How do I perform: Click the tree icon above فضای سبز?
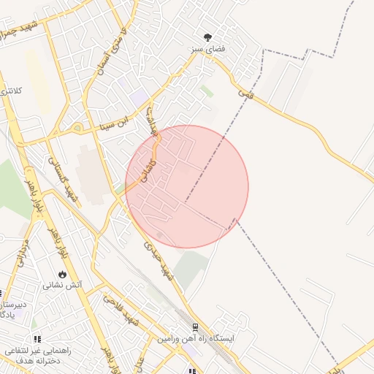209,37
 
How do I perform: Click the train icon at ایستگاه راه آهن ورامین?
195,328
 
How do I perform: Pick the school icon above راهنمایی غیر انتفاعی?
37,339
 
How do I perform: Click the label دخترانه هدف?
37,362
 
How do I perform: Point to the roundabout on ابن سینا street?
77,129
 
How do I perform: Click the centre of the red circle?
187,187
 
